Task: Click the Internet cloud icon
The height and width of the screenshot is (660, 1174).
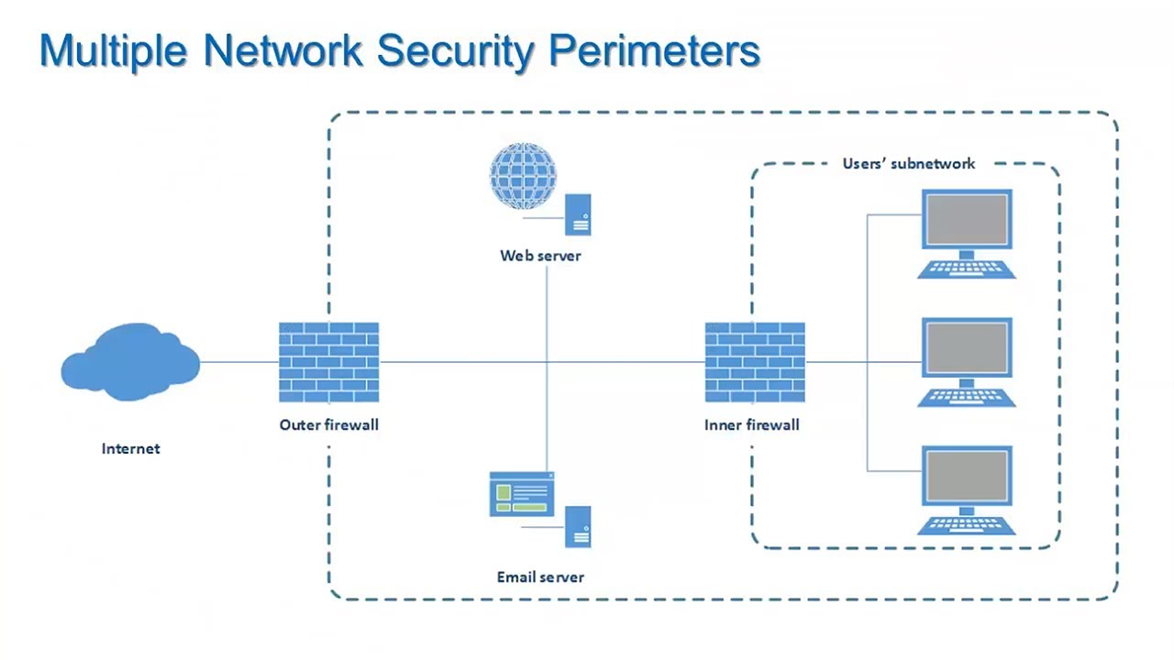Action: pyautogui.click(x=130, y=363)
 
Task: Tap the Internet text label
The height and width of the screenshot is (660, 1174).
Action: pyautogui.click(x=130, y=448)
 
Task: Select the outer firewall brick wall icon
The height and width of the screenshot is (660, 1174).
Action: pyautogui.click(x=328, y=363)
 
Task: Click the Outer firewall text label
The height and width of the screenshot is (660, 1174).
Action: pyautogui.click(x=328, y=424)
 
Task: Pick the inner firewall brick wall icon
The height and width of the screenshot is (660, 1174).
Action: pyautogui.click(x=755, y=363)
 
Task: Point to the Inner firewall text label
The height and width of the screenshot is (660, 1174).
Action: pyautogui.click(x=751, y=424)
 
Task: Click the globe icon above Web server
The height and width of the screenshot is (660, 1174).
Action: pyautogui.click(x=523, y=176)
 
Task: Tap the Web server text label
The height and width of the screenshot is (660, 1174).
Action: pyautogui.click(x=540, y=256)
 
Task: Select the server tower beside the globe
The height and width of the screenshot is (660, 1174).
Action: pyautogui.click(x=578, y=214)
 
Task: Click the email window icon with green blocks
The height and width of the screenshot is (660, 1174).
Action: pyautogui.click(x=521, y=494)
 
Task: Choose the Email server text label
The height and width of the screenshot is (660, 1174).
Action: pyautogui.click(x=540, y=577)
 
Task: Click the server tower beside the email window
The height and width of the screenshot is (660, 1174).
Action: pyautogui.click(x=578, y=526)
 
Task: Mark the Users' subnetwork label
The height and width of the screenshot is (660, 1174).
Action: pyautogui.click(x=908, y=164)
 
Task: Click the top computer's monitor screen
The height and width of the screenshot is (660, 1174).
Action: pyautogui.click(x=967, y=219)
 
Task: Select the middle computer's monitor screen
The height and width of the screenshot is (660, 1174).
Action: pyautogui.click(x=967, y=348)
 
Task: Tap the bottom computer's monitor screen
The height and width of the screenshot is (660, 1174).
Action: pyautogui.click(x=967, y=477)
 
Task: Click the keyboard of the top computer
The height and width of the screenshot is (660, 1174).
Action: pyautogui.click(x=967, y=269)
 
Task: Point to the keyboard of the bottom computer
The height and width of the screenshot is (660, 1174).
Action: pyautogui.click(x=967, y=526)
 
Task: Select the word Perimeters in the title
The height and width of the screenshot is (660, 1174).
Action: pyautogui.click(x=654, y=50)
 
